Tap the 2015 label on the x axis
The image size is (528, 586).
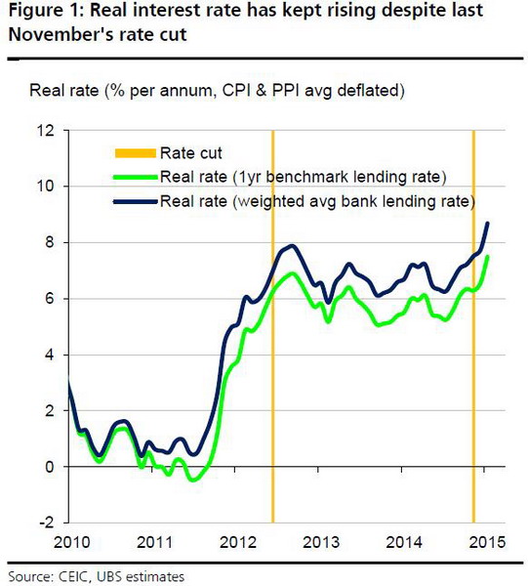click(486, 543)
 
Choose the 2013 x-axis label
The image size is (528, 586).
click(321, 543)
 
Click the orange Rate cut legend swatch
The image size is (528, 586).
click(136, 152)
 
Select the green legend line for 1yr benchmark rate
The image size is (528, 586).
click(136, 177)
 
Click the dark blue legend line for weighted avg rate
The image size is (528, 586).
click(136, 202)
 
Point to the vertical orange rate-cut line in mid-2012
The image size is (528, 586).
click(272, 391)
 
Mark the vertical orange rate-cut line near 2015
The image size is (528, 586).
click(473, 391)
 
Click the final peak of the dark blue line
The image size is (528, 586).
click(488, 224)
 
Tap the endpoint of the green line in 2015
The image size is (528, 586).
click(488, 256)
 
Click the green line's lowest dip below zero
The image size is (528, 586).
click(191, 480)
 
